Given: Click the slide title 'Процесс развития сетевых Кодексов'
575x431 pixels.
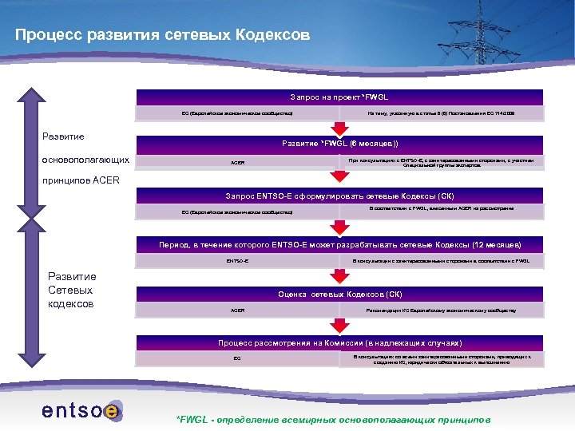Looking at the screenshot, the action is (162, 36).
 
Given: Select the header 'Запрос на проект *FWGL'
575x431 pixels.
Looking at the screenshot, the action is (339, 97).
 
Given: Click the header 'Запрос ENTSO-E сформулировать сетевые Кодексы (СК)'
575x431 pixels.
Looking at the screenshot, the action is (339, 196).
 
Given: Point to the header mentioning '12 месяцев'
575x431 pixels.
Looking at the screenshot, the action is (339, 244).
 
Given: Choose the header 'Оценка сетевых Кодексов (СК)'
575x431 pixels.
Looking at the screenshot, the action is (339, 294).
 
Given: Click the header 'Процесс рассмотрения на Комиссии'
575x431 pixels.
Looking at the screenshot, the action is (339, 343).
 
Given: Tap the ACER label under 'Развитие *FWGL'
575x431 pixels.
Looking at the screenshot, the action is (237, 163).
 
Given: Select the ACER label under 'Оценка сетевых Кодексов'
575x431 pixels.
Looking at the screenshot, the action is (237, 310).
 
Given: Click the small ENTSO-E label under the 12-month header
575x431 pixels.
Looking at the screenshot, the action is (237, 261).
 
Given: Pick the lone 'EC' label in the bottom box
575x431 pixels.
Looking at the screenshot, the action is (237, 358).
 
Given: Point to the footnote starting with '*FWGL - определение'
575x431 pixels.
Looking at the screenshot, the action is (333, 420).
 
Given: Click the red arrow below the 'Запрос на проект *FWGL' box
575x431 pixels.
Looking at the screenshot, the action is (339, 125).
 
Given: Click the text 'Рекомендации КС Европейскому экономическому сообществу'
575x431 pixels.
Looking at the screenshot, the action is (440, 310).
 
